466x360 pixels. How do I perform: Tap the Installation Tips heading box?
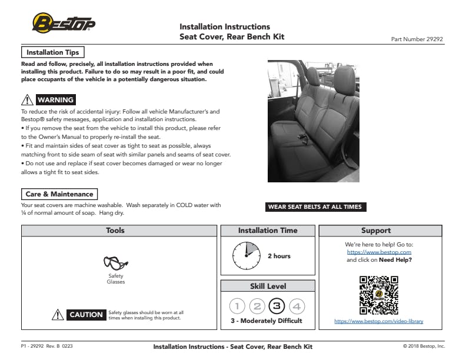coord(53,52)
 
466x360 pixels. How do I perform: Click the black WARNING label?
coord(55,100)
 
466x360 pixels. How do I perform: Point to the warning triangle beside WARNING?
coord(26,100)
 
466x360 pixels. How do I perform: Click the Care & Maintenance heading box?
coord(59,194)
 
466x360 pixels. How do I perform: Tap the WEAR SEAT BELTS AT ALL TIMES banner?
coord(315,207)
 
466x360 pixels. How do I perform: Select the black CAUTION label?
coord(86,315)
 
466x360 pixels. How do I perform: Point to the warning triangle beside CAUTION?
coord(58,315)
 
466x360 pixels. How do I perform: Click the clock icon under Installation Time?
coord(245,255)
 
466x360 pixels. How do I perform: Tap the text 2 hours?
coord(279,256)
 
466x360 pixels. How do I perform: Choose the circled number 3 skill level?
coord(277,306)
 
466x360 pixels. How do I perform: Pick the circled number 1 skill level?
coord(237,306)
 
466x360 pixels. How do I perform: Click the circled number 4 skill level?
coord(297,306)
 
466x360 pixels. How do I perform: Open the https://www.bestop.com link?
coord(380,252)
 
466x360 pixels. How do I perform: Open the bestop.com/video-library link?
coord(379,321)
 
